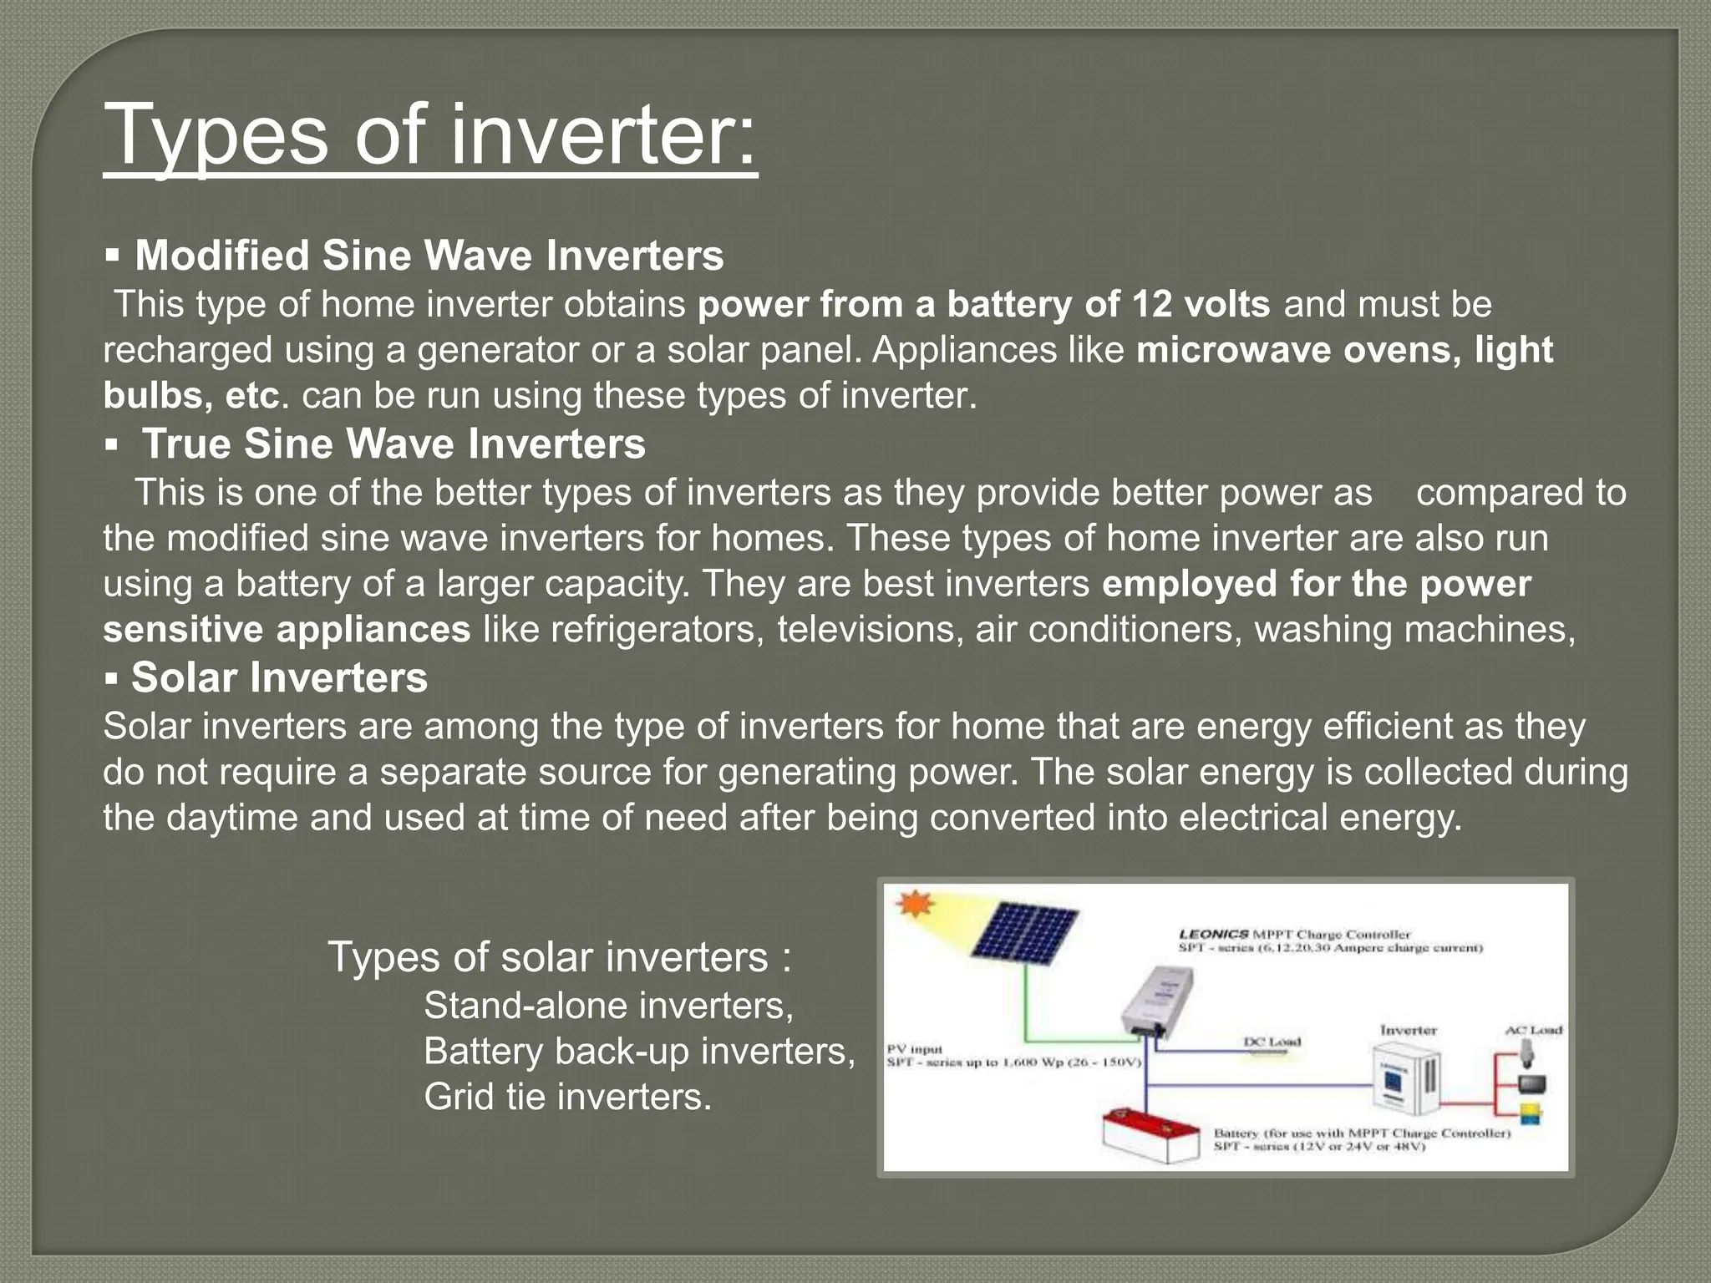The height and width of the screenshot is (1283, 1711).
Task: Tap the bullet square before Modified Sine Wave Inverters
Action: [x=113, y=254]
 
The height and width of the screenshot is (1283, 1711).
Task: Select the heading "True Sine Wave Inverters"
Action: [x=393, y=444]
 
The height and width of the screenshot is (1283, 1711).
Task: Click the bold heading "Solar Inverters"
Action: [x=279, y=677]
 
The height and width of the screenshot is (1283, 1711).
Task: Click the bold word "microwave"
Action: [x=1232, y=350]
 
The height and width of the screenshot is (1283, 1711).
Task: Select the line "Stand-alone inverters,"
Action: [x=608, y=1005]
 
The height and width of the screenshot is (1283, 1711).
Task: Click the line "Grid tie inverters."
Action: [x=567, y=1096]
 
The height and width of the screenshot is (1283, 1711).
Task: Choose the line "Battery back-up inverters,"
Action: [x=639, y=1051]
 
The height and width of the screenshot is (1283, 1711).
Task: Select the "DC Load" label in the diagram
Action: [x=1272, y=1042]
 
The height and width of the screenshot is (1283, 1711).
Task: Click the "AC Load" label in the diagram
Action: [x=1533, y=1030]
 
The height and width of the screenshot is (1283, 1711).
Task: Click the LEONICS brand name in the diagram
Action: [x=1213, y=934]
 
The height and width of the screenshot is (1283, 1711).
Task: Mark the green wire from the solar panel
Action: [x=1028, y=1011]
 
